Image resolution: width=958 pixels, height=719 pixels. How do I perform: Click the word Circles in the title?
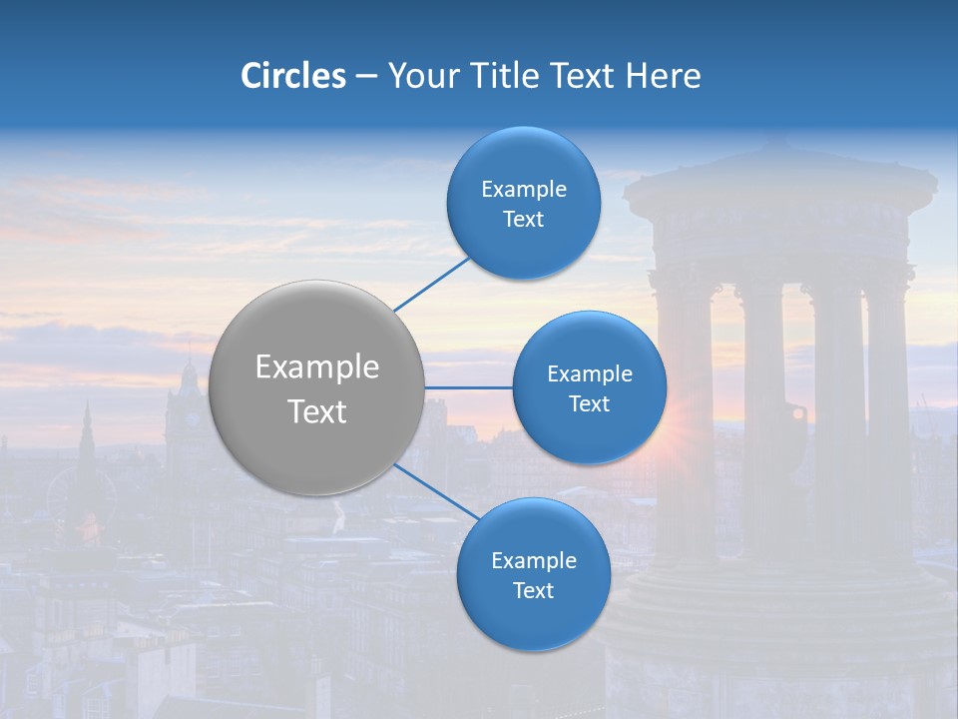[x=292, y=76]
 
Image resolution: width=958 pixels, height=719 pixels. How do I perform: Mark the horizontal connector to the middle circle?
[x=468, y=387]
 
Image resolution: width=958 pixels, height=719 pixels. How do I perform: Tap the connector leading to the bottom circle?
[x=436, y=491]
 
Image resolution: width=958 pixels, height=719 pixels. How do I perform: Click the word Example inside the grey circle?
[x=317, y=367]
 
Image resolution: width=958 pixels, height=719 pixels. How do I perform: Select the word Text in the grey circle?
[x=317, y=411]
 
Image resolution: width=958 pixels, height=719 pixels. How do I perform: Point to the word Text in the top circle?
[x=523, y=220]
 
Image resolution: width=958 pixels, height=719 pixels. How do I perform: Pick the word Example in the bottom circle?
[x=533, y=560]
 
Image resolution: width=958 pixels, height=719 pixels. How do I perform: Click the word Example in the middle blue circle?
[x=589, y=373]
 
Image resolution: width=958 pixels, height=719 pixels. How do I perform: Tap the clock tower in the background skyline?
[x=187, y=399]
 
